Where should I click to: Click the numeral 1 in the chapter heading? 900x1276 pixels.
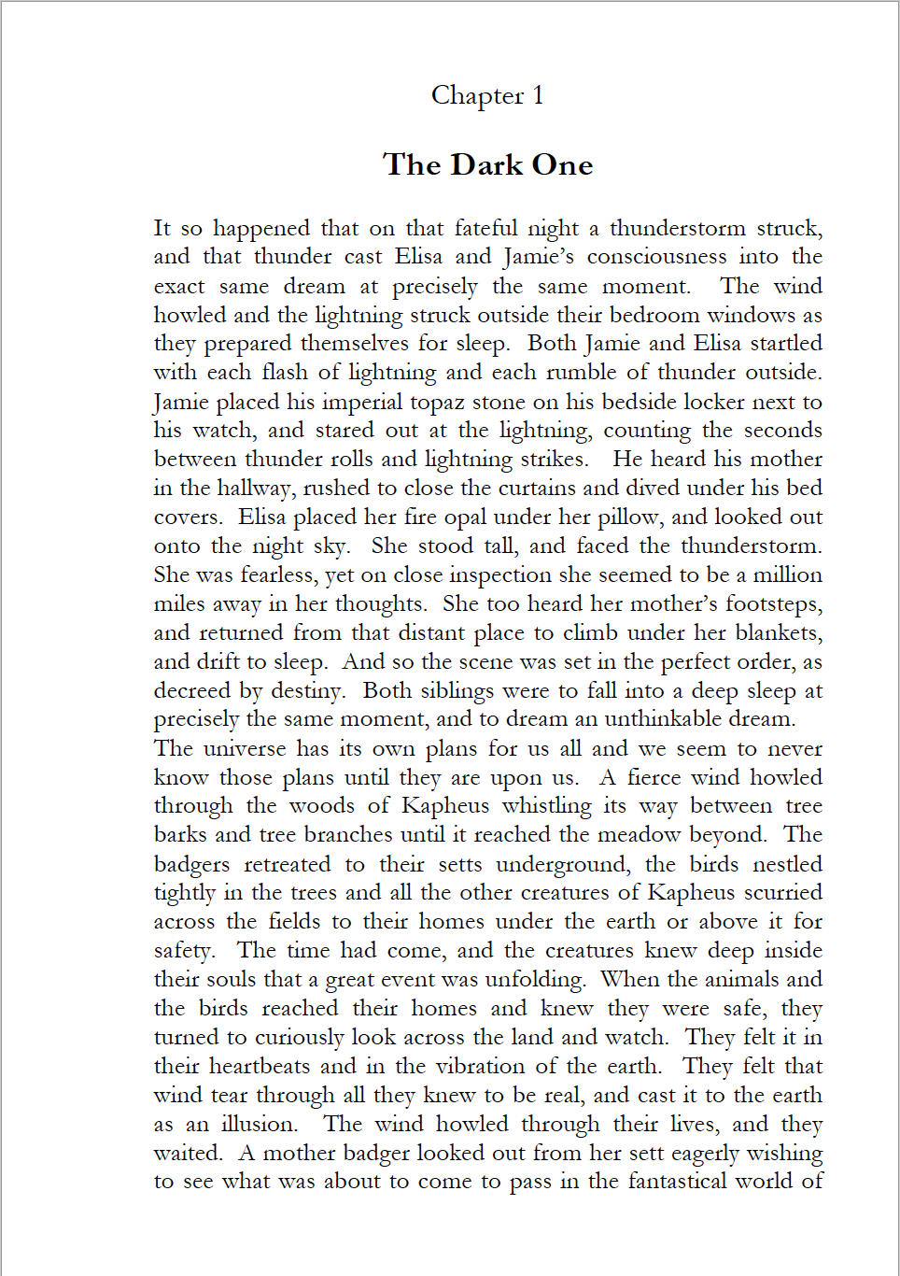(538, 95)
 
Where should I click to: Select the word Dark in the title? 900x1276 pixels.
(486, 165)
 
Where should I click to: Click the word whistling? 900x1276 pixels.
(546, 806)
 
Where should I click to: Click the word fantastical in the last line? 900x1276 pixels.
(677, 1182)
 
